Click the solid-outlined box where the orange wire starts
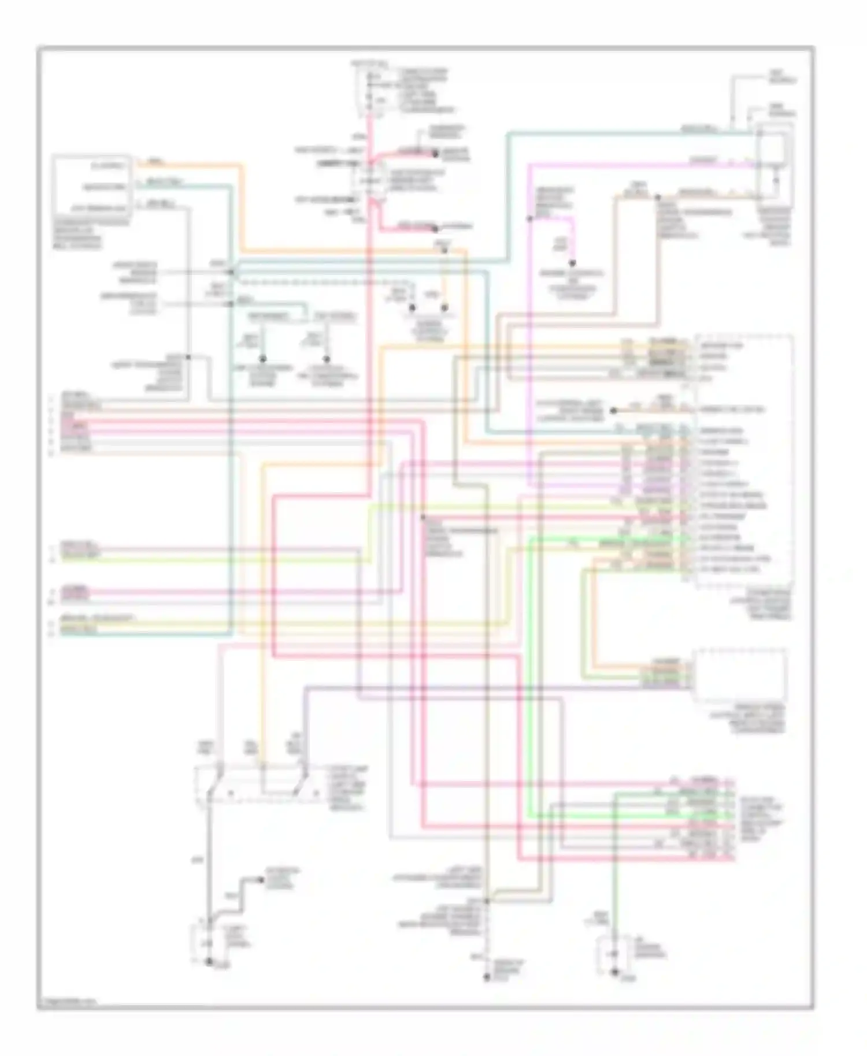pos(91,185)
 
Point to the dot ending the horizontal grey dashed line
pos(412,308)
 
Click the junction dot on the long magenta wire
pos(529,219)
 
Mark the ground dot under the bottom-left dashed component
pos(209,962)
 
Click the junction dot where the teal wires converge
pos(231,272)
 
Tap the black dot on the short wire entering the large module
pos(613,411)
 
